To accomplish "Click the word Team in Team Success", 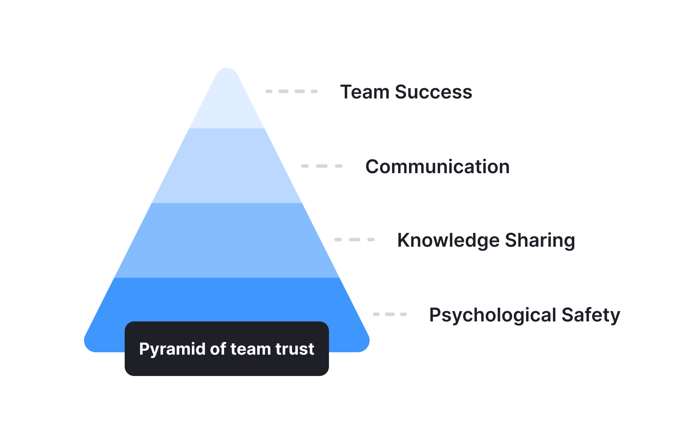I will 365,92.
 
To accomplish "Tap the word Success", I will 433,92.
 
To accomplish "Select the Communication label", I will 437,167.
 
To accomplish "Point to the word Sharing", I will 540,240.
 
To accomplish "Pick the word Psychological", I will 492,316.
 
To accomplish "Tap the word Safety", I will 591,316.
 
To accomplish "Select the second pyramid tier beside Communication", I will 227,166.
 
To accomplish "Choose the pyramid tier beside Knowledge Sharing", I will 227,240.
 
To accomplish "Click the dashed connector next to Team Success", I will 291,91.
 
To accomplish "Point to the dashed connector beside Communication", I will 322,166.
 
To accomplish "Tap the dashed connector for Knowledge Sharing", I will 354,240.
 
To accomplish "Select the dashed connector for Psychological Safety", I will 390,314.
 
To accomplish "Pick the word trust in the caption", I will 295,349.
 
